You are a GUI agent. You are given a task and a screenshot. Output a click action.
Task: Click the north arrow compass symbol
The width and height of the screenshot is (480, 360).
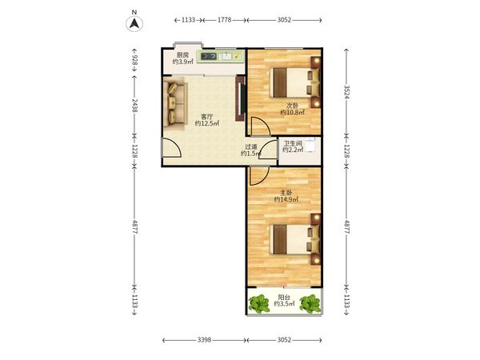point(134,23)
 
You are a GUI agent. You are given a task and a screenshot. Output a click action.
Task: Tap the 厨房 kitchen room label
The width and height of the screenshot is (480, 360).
point(182,55)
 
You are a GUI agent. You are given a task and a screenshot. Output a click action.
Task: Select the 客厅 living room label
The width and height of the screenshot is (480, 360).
point(206,117)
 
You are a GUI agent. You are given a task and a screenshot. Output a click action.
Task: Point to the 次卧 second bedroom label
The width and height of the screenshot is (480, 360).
point(292,106)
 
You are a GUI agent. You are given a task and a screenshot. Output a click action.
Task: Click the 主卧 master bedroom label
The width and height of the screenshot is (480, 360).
point(286,193)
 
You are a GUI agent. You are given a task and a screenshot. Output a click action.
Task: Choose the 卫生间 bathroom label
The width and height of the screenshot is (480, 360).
point(293,143)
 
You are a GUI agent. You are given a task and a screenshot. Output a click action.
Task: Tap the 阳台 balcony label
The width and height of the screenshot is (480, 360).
point(284,298)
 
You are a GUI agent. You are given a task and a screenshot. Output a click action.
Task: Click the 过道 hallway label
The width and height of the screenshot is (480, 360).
point(251,147)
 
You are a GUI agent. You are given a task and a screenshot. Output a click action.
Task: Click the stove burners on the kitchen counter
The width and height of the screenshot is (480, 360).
point(209,56)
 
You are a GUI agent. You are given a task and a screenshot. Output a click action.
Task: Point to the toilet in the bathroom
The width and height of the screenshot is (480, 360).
point(310,146)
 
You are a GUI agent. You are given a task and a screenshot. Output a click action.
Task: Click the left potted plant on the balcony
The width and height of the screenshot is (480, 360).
point(259,303)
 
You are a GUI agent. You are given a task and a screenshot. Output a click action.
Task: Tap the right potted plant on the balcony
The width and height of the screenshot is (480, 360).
point(310,303)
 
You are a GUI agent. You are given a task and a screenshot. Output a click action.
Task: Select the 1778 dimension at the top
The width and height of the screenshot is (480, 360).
point(224,20)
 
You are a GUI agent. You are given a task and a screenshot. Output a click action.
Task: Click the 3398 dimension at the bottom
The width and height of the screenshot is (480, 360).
point(204,340)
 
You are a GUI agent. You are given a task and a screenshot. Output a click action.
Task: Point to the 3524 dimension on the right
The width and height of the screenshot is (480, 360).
point(346,91)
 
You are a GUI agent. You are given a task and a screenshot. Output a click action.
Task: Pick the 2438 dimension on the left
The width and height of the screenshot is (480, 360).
point(134,105)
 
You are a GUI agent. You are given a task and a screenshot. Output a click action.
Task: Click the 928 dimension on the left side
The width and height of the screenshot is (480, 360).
point(134,60)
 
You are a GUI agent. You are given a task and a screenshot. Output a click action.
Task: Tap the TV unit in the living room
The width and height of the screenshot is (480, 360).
point(240,98)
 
